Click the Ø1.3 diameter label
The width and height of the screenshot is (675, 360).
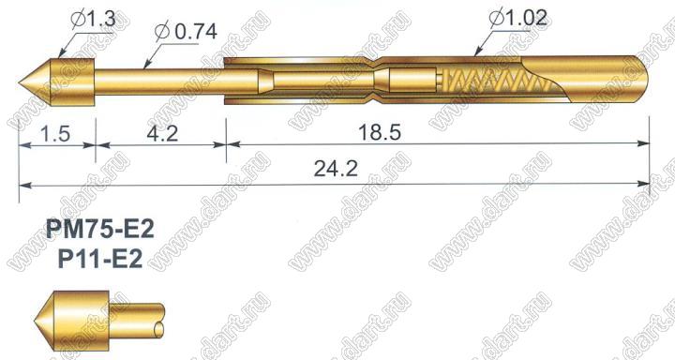[x=94, y=20]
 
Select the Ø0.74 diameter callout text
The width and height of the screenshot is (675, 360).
[x=186, y=32]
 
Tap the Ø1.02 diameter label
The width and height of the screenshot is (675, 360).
[x=518, y=19]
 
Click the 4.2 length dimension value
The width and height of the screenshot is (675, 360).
[x=162, y=133]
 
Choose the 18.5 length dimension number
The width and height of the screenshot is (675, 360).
[x=380, y=132]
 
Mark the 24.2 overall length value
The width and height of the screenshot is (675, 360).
[x=336, y=169]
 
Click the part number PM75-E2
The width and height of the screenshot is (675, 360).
[x=100, y=230]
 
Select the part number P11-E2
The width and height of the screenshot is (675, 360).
[x=100, y=259]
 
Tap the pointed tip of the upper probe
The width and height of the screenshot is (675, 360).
[x=20, y=82]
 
